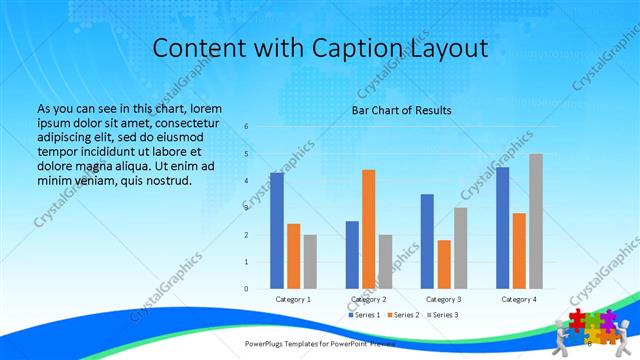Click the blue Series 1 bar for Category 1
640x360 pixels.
point(277,231)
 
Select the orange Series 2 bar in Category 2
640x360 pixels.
point(369,229)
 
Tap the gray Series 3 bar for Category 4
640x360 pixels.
point(536,221)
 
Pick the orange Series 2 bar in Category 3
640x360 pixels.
point(444,264)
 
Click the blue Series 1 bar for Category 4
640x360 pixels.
point(502,228)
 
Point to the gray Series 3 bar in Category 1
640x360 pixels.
point(311,262)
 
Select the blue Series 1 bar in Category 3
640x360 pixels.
point(427,241)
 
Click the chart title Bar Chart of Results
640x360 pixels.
point(401,110)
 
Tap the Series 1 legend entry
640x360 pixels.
point(362,315)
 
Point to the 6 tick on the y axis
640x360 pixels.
point(246,127)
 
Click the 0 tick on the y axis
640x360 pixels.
point(246,289)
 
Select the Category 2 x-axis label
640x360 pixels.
point(369,299)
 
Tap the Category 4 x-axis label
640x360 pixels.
point(519,299)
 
